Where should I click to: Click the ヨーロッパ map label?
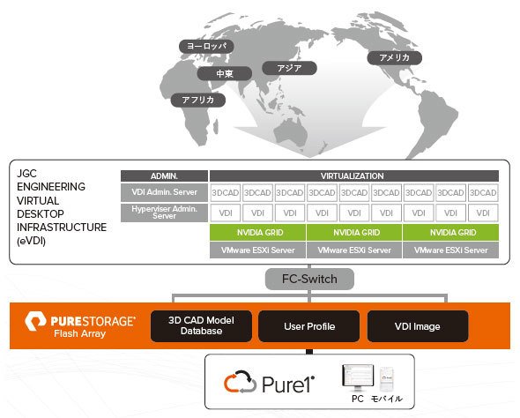(206, 47)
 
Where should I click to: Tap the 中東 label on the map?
(225, 73)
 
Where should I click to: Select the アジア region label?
(289, 68)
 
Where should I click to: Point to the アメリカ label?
(394, 57)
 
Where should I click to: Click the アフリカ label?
(198, 100)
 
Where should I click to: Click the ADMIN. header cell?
(164, 175)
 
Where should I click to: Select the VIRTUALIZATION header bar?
(353, 175)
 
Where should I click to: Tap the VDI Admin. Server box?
(164, 192)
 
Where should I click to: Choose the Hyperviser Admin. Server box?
(164, 213)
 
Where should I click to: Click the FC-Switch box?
(309, 279)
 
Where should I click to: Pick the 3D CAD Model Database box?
(201, 326)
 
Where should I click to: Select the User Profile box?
(309, 326)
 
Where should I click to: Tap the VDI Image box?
(418, 326)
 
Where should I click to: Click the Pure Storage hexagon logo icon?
(35, 321)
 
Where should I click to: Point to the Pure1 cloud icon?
(240, 382)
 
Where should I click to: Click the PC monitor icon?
(358, 377)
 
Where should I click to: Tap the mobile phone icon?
(387, 379)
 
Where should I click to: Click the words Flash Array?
(79, 333)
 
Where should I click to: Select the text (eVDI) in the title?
(31, 241)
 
